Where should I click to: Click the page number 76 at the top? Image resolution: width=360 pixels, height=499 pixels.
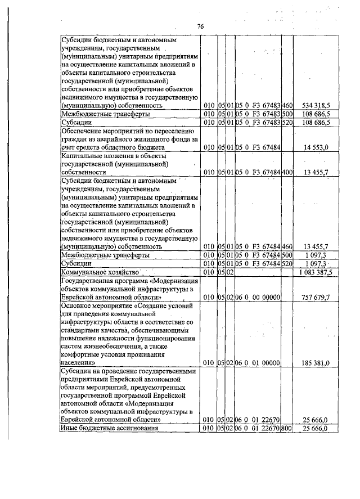(200, 27)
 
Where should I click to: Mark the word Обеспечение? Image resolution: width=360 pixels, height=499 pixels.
(83, 131)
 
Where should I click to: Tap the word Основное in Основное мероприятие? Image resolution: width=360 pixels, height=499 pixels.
(79, 305)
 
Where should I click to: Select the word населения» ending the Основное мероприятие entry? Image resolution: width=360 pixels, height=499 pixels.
(78, 363)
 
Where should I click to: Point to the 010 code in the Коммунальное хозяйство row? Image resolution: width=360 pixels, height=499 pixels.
(209, 272)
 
